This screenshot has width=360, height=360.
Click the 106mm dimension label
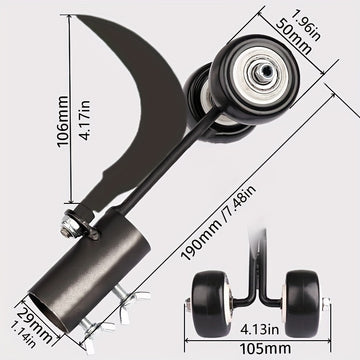(62, 121)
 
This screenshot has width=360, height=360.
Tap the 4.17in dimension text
(85, 120)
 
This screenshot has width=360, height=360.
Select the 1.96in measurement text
(306, 24)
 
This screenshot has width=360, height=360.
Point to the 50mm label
(294, 37)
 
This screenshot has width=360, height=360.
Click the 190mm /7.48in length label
(218, 222)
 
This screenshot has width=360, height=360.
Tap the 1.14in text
(23, 334)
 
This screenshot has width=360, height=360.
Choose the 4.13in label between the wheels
(259, 329)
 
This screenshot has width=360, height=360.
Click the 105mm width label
(265, 349)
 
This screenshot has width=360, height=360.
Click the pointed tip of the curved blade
(74, 15)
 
